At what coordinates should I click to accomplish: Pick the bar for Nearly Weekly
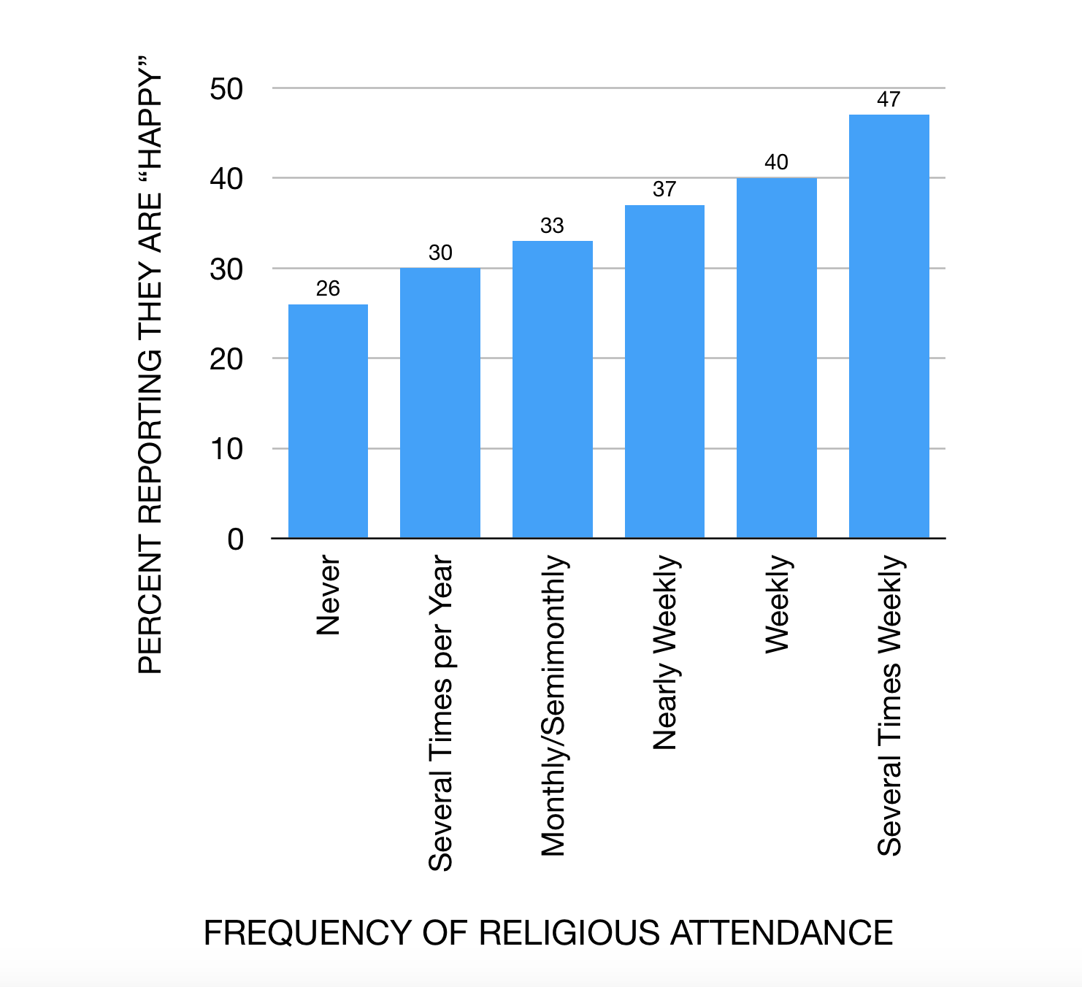[664, 372]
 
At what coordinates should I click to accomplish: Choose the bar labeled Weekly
[777, 358]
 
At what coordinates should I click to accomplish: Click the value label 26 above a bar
[328, 288]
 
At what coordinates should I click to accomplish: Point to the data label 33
[553, 226]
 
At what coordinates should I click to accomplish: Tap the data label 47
[889, 99]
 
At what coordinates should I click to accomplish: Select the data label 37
[664, 189]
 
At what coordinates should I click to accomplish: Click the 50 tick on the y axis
[226, 89]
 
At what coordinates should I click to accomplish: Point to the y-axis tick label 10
[226, 449]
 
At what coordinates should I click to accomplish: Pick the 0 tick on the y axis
[235, 539]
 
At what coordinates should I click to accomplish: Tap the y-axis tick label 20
[226, 359]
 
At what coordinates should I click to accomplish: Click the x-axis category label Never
[329, 595]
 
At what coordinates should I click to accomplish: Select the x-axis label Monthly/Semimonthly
[553, 705]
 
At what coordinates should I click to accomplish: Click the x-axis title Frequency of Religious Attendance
[548, 933]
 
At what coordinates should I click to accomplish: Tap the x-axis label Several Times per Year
[441, 713]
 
